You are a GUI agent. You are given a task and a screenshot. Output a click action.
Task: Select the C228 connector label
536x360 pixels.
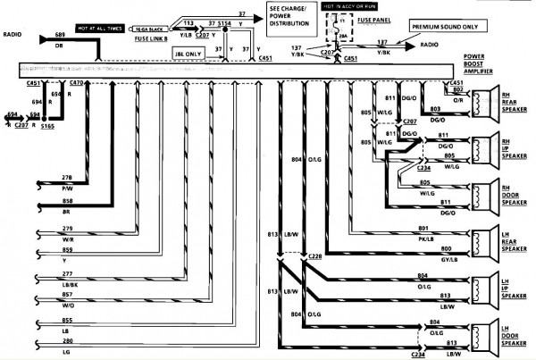coord(315,257)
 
